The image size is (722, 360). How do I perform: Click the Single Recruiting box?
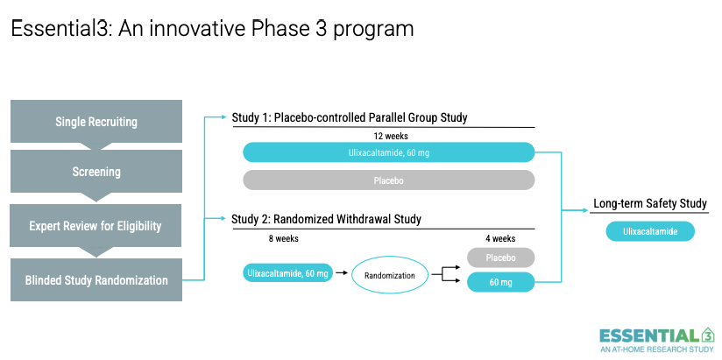pyautogui.click(x=96, y=122)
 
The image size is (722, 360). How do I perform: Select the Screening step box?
pyautogui.click(x=96, y=172)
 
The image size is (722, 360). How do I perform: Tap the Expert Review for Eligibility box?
pyautogui.click(x=96, y=226)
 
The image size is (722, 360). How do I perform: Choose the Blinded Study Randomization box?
pyautogui.click(x=96, y=280)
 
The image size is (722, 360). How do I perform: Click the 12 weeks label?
pyautogui.click(x=390, y=137)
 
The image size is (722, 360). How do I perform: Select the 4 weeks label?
pyautogui.click(x=500, y=238)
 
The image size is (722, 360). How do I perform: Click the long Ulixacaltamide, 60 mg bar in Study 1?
pyautogui.click(x=389, y=153)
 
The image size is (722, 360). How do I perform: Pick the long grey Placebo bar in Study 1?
pyautogui.click(x=389, y=180)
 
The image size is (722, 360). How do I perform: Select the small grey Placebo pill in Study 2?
pyautogui.click(x=500, y=258)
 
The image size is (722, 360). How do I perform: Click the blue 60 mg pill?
pyautogui.click(x=500, y=283)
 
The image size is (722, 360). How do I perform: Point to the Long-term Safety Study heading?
pyautogui.click(x=649, y=204)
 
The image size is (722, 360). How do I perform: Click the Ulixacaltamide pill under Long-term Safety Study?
pyautogui.click(x=650, y=231)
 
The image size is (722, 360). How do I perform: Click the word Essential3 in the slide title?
pyautogui.click(x=56, y=29)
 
